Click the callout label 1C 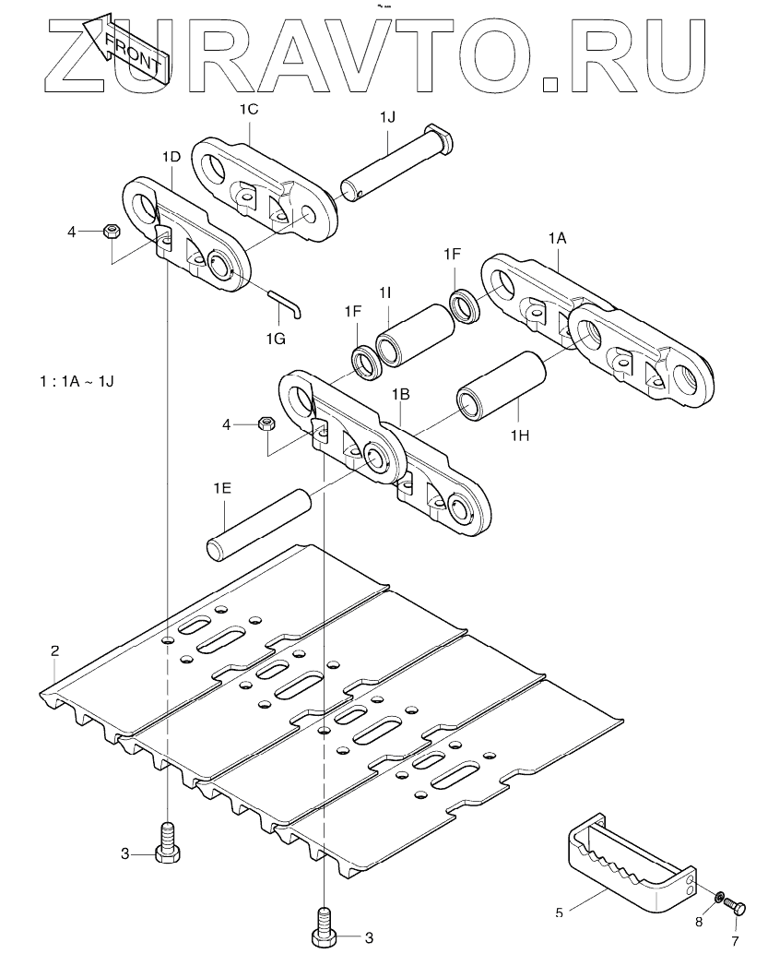[249, 110]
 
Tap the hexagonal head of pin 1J [442, 138]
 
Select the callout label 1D [171, 157]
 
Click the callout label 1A [557, 238]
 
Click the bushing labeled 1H [502, 386]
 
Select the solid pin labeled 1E [259, 524]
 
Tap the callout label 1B [401, 394]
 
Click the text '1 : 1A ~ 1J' [77, 381]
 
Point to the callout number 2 [54, 650]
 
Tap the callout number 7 [736, 941]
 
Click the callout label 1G [276, 339]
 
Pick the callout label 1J [388, 117]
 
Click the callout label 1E [222, 489]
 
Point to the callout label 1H [519, 435]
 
